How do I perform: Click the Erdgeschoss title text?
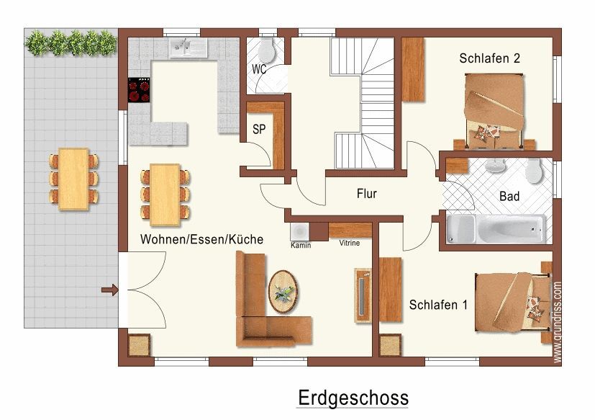click(x=353, y=398)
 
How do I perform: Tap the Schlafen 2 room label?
click(x=489, y=58)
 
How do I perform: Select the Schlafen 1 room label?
click(x=438, y=305)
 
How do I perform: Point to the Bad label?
click(x=509, y=196)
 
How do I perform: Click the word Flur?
click(x=366, y=194)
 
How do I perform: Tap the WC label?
click(x=259, y=69)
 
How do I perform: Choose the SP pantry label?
click(x=259, y=129)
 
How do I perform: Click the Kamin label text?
click(x=301, y=245)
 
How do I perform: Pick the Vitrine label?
click(x=350, y=243)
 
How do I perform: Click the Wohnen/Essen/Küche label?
click(x=202, y=239)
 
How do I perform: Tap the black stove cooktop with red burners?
click(x=139, y=90)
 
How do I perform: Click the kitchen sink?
click(x=189, y=48)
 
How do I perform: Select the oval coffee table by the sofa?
click(x=283, y=292)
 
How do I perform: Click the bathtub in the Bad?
click(x=496, y=229)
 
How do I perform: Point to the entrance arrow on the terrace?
click(x=109, y=290)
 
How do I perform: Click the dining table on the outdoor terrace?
click(x=73, y=179)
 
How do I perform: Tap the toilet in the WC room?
click(x=268, y=50)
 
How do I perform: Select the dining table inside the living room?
click(x=165, y=195)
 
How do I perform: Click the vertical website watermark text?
click(x=557, y=322)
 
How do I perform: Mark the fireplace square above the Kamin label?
click(x=300, y=231)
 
